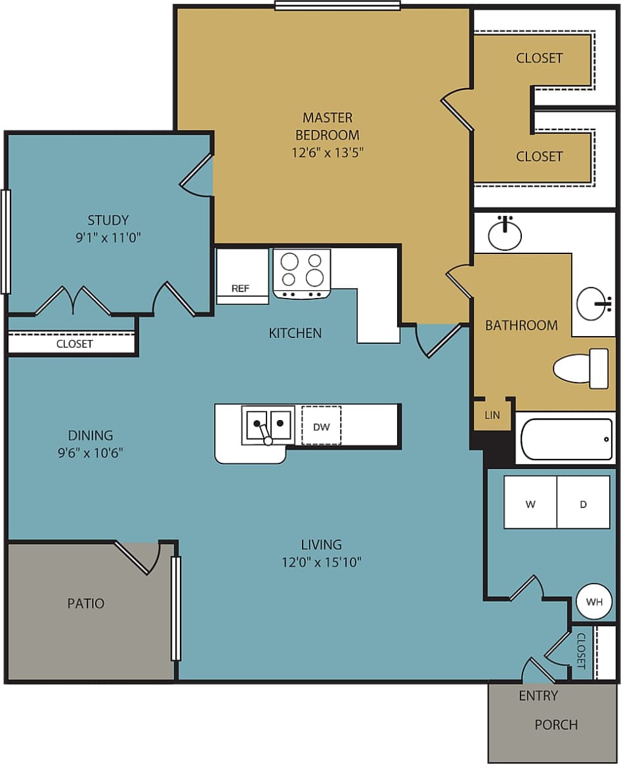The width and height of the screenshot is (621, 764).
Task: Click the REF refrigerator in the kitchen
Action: point(242,276)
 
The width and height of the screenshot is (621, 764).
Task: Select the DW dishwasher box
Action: point(321,427)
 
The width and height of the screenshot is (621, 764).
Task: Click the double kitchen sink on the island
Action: point(267,425)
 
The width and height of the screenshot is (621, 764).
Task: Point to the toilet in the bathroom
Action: point(580,368)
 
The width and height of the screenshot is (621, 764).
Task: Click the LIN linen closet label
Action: point(492,415)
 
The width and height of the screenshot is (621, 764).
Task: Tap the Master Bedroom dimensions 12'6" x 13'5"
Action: point(327,153)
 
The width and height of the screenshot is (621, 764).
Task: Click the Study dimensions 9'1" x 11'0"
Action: point(108,238)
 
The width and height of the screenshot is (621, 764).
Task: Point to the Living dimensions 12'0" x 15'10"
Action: point(322,562)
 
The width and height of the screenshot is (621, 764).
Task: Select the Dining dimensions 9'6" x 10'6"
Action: point(91,452)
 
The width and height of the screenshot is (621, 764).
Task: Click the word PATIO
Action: point(86,603)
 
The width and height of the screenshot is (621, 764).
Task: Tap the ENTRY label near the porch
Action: point(538,696)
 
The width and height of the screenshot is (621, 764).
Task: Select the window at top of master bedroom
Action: point(337,7)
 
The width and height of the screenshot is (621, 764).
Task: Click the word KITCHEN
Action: point(295,333)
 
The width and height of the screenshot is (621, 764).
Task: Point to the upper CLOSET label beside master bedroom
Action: point(539,58)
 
